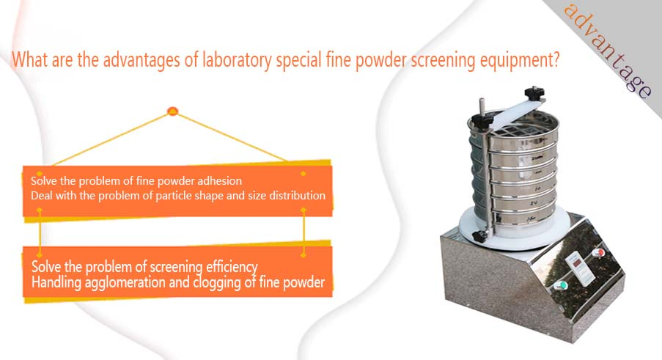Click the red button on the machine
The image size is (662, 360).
coord(598,253)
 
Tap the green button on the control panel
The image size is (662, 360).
coord(561,285)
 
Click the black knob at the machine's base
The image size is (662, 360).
coord(479,236)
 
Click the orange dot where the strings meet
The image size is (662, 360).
coord(173,111)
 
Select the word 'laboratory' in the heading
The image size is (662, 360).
coord(237,60)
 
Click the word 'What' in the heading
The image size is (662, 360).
coord(29,59)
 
